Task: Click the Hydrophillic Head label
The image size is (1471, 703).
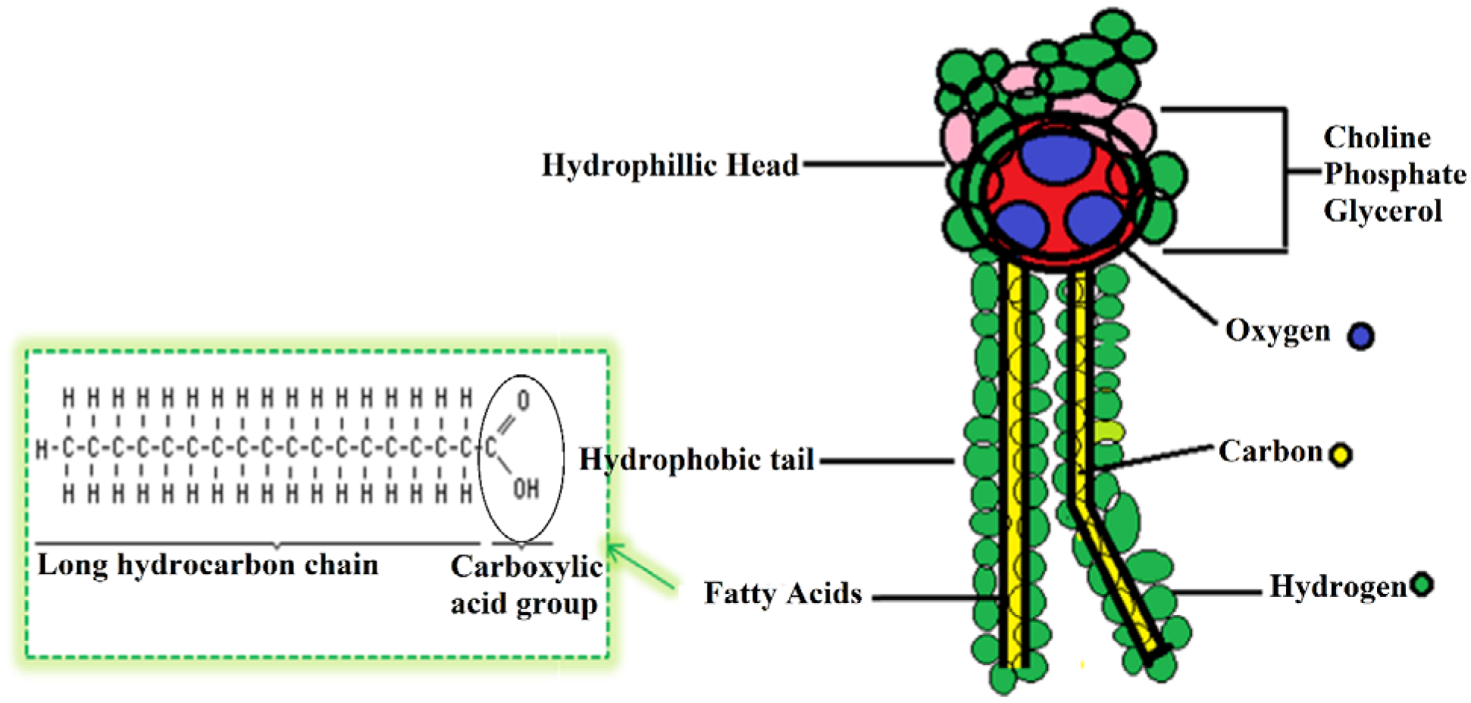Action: coord(670,165)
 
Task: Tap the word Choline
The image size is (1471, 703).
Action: coord(1377,138)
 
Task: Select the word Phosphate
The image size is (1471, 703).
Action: coord(1394,174)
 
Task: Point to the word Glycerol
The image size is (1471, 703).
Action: coord(1382,211)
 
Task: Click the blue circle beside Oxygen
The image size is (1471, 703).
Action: coord(1360,336)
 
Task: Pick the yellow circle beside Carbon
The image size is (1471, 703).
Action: coord(1341,455)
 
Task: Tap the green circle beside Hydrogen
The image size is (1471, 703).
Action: coord(1422,585)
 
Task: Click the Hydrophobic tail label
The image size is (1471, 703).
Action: coord(696,460)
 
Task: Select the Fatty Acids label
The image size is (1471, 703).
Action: coord(782,593)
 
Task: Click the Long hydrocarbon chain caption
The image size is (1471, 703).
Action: coord(208,565)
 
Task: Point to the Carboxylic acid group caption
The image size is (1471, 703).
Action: coord(525,585)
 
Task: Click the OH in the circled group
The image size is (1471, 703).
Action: coord(526,489)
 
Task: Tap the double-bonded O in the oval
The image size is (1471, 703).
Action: coord(523,400)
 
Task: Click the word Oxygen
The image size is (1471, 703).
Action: coord(1278,331)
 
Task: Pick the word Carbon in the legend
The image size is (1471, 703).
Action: coord(1270,451)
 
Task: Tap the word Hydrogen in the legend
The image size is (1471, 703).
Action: coord(1338,586)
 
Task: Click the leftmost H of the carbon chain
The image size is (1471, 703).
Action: coord(42,449)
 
